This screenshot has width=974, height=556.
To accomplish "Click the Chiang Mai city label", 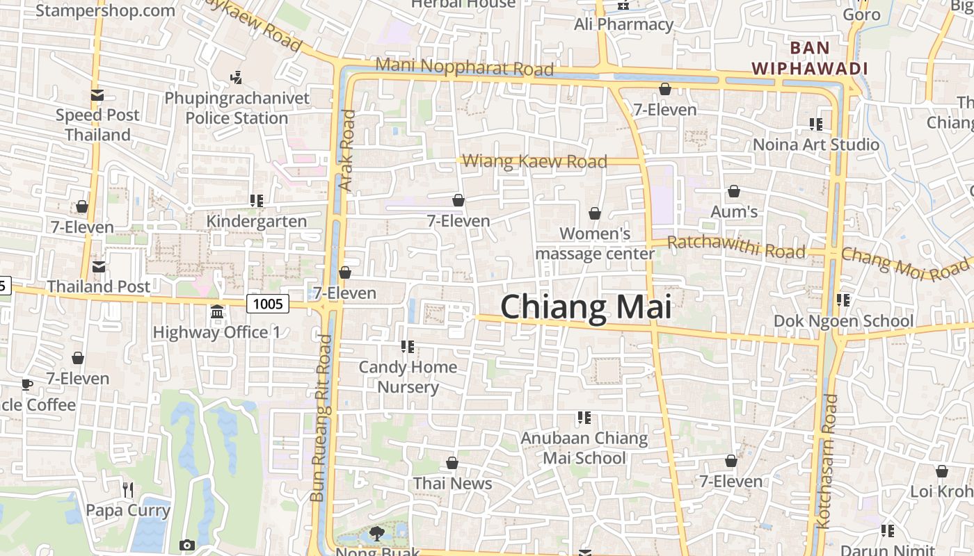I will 586,307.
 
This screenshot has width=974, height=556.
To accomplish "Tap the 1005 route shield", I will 268,304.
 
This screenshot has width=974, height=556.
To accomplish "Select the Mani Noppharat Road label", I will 465,67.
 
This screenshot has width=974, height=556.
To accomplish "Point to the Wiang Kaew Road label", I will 534,162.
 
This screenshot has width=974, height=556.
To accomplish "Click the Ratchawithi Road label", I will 736,246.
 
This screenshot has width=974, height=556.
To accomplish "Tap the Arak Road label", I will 346,151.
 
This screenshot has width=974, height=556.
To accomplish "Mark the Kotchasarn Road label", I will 828,461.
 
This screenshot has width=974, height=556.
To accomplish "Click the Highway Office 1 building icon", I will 216,312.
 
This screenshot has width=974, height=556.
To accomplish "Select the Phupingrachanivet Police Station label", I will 237,108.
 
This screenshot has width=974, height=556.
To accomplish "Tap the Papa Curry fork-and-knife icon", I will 127,490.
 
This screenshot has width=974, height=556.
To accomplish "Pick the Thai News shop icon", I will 452,463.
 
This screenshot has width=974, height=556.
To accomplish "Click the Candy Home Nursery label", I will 408,377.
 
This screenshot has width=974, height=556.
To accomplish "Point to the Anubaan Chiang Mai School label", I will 584,448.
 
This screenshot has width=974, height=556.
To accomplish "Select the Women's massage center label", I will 595,243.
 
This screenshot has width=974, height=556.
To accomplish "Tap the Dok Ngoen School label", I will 843,321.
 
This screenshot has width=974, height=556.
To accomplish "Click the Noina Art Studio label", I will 817,145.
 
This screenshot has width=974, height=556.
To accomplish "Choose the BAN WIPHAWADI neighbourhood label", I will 810,58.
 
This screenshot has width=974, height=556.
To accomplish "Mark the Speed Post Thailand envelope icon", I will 97,95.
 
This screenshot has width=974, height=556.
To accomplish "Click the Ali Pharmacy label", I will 623,25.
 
